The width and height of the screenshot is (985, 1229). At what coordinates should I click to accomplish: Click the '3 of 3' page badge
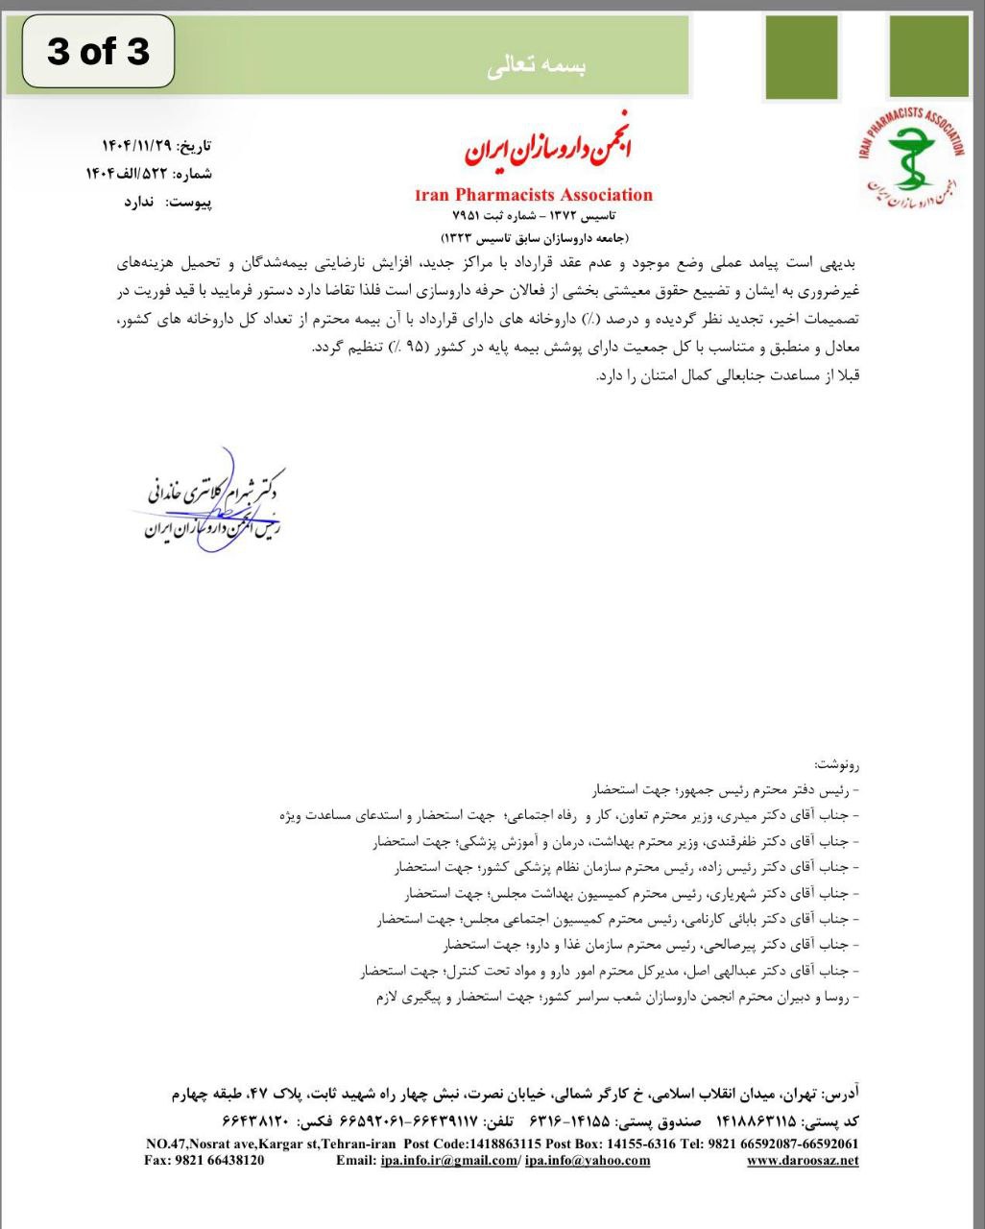point(98,51)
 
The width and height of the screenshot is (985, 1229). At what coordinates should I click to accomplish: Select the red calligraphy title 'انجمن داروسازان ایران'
point(548,150)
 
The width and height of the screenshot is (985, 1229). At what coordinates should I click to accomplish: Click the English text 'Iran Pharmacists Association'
point(534,195)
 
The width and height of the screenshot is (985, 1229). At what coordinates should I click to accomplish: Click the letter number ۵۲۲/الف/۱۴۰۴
point(128,174)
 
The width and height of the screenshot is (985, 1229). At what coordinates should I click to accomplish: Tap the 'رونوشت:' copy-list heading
point(837,764)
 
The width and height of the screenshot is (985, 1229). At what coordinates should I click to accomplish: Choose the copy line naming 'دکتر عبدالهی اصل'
point(611,972)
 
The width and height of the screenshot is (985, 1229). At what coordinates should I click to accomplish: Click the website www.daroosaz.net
point(803,1160)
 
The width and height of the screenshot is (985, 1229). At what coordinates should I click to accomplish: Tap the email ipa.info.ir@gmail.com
point(448,1160)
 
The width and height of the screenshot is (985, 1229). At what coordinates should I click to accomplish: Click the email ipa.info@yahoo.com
point(588,1160)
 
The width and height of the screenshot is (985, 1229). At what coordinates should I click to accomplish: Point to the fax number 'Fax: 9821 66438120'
point(204,1160)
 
